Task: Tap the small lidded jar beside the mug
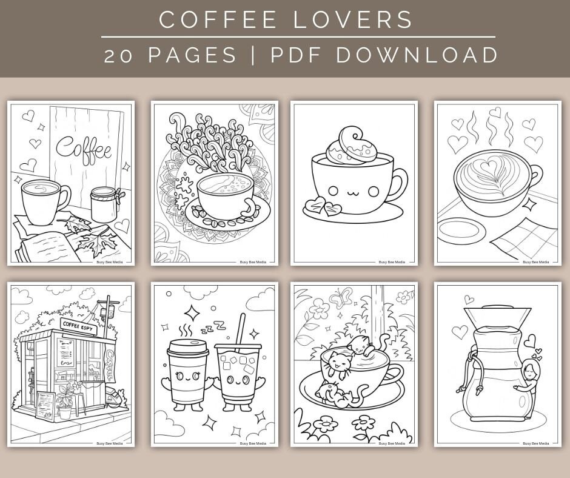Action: click(x=104, y=204)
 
